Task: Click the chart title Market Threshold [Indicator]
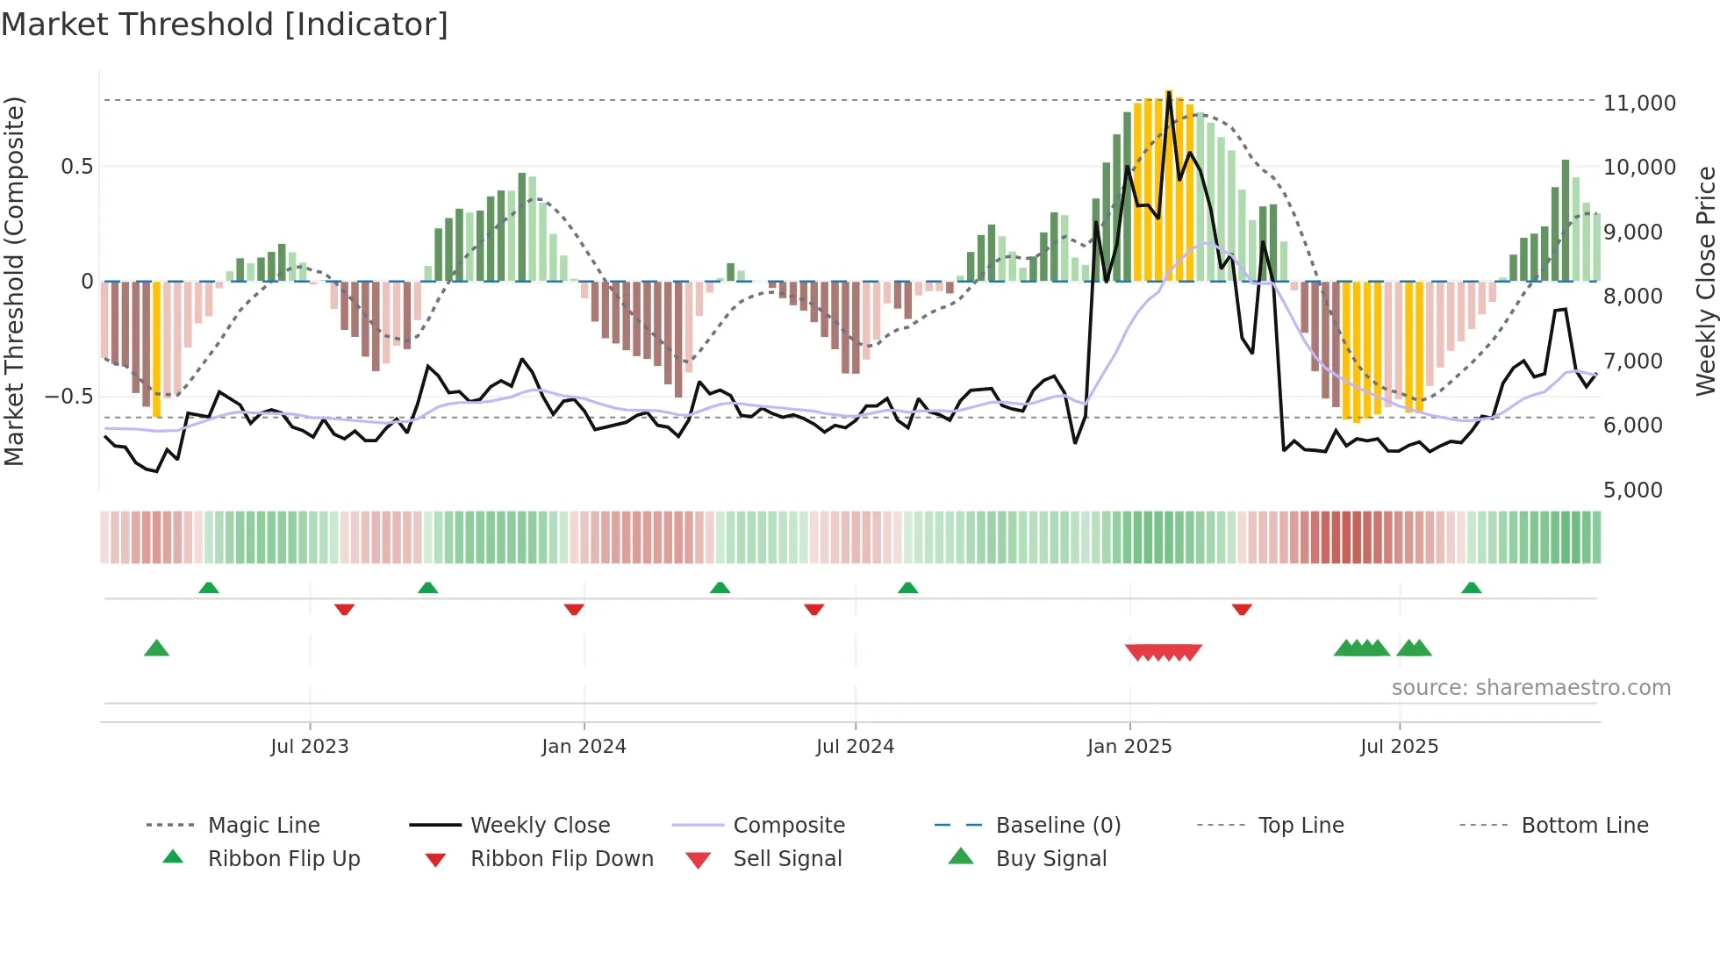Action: tap(225, 25)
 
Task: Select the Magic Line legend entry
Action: tap(263, 826)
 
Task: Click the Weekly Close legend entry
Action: tap(540, 826)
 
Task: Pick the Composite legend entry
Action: tap(788, 826)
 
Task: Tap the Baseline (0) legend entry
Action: tap(1057, 826)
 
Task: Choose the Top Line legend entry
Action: tap(1301, 826)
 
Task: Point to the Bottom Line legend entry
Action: tap(1584, 826)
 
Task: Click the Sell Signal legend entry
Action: tap(787, 859)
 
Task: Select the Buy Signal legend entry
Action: tap(1050, 859)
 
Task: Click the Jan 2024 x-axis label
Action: tap(584, 747)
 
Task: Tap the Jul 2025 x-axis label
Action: tap(1399, 747)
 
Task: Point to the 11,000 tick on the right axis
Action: tap(1639, 104)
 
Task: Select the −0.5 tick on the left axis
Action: tap(68, 397)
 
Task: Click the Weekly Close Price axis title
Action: tap(1704, 281)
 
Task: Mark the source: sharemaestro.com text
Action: tap(1530, 688)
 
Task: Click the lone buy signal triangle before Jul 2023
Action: tap(156, 648)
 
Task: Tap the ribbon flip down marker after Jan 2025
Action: tap(1241, 609)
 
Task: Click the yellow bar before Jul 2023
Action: tap(157, 351)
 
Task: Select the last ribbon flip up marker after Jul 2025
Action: tap(1471, 588)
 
